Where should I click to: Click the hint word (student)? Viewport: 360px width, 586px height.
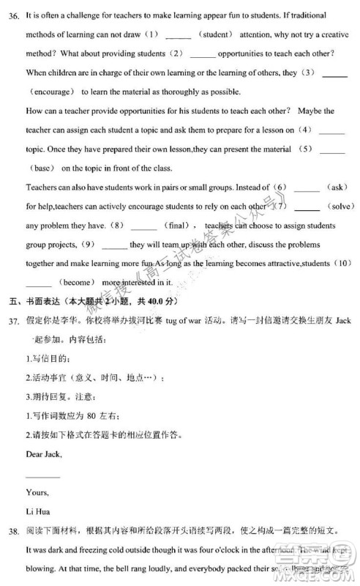point(217,34)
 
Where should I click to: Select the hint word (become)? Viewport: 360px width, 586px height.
point(75,282)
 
